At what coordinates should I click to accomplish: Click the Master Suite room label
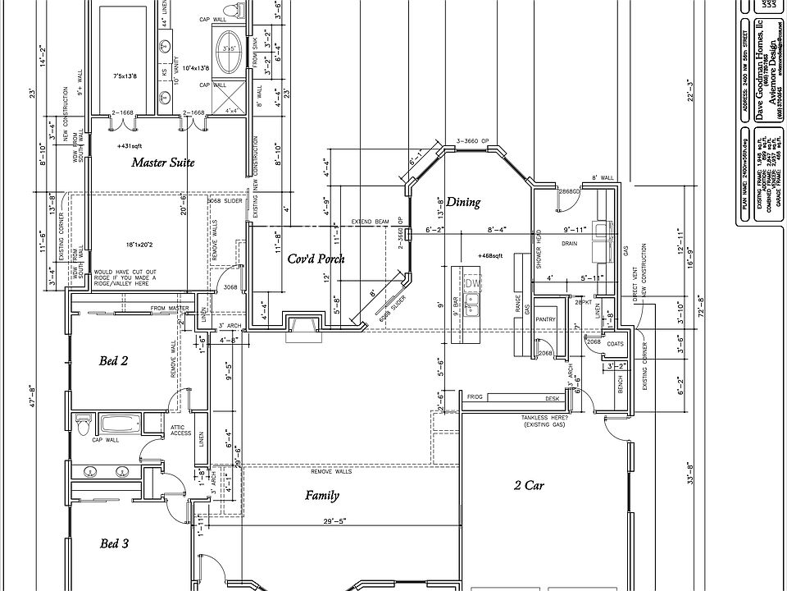(x=163, y=163)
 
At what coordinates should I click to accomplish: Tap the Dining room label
(x=463, y=202)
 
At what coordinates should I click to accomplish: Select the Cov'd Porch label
(x=316, y=259)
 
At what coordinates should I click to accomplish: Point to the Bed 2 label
(x=114, y=360)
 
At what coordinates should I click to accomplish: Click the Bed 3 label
(x=114, y=543)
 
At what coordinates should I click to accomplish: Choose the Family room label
(x=322, y=495)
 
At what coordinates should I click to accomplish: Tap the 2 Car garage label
(x=529, y=485)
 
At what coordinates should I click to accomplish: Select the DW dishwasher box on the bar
(x=471, y=283)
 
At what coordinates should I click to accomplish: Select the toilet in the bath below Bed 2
(x=83, y=426)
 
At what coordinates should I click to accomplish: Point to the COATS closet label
(x=616, y=343)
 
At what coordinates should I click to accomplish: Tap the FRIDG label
(x=475, y=396)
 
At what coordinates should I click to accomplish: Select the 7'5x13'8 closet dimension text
(x=126, y=76)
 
